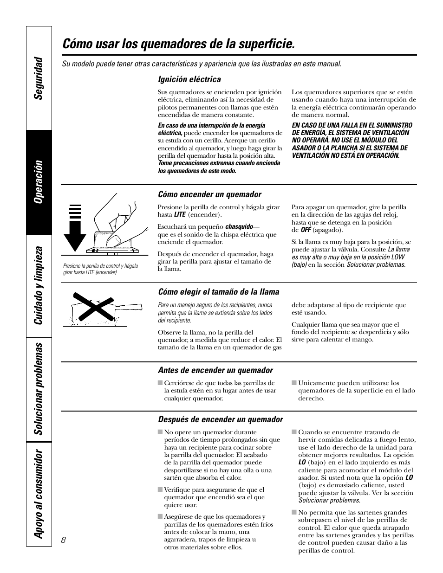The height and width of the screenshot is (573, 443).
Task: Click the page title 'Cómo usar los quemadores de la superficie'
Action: [178, 45]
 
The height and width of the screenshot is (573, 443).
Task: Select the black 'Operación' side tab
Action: [39, 181]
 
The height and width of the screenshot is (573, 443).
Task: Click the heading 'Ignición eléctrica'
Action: [189, 79]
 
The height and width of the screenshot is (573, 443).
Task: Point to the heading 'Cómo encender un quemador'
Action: [209, 194]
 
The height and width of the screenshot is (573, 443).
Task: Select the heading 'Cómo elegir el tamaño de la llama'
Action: [219, 292]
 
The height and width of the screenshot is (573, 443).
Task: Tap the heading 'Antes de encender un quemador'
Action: [215, 370]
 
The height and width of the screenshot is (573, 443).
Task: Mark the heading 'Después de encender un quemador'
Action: [221, 419]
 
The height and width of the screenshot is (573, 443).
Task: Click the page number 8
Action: [64, 540]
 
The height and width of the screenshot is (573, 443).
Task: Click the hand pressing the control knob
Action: [116, 223]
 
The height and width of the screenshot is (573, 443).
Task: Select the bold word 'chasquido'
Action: [239, 227]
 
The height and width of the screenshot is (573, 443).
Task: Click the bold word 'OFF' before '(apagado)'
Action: [305, 230]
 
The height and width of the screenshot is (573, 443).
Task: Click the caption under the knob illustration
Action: [100, 269]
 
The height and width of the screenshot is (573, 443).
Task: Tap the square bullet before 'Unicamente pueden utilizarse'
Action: [294, 383]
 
